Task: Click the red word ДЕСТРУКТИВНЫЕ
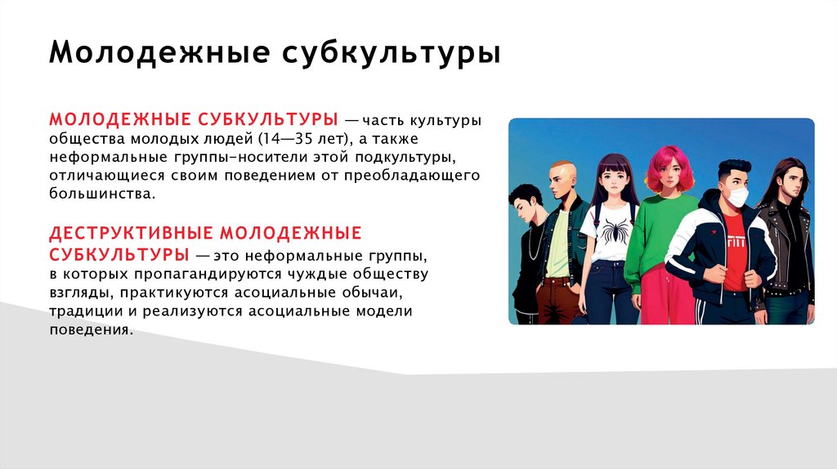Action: click(131, 234)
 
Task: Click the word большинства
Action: click(101, 194)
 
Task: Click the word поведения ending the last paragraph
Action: click(89, 330)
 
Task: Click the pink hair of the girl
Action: click(669, 159)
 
